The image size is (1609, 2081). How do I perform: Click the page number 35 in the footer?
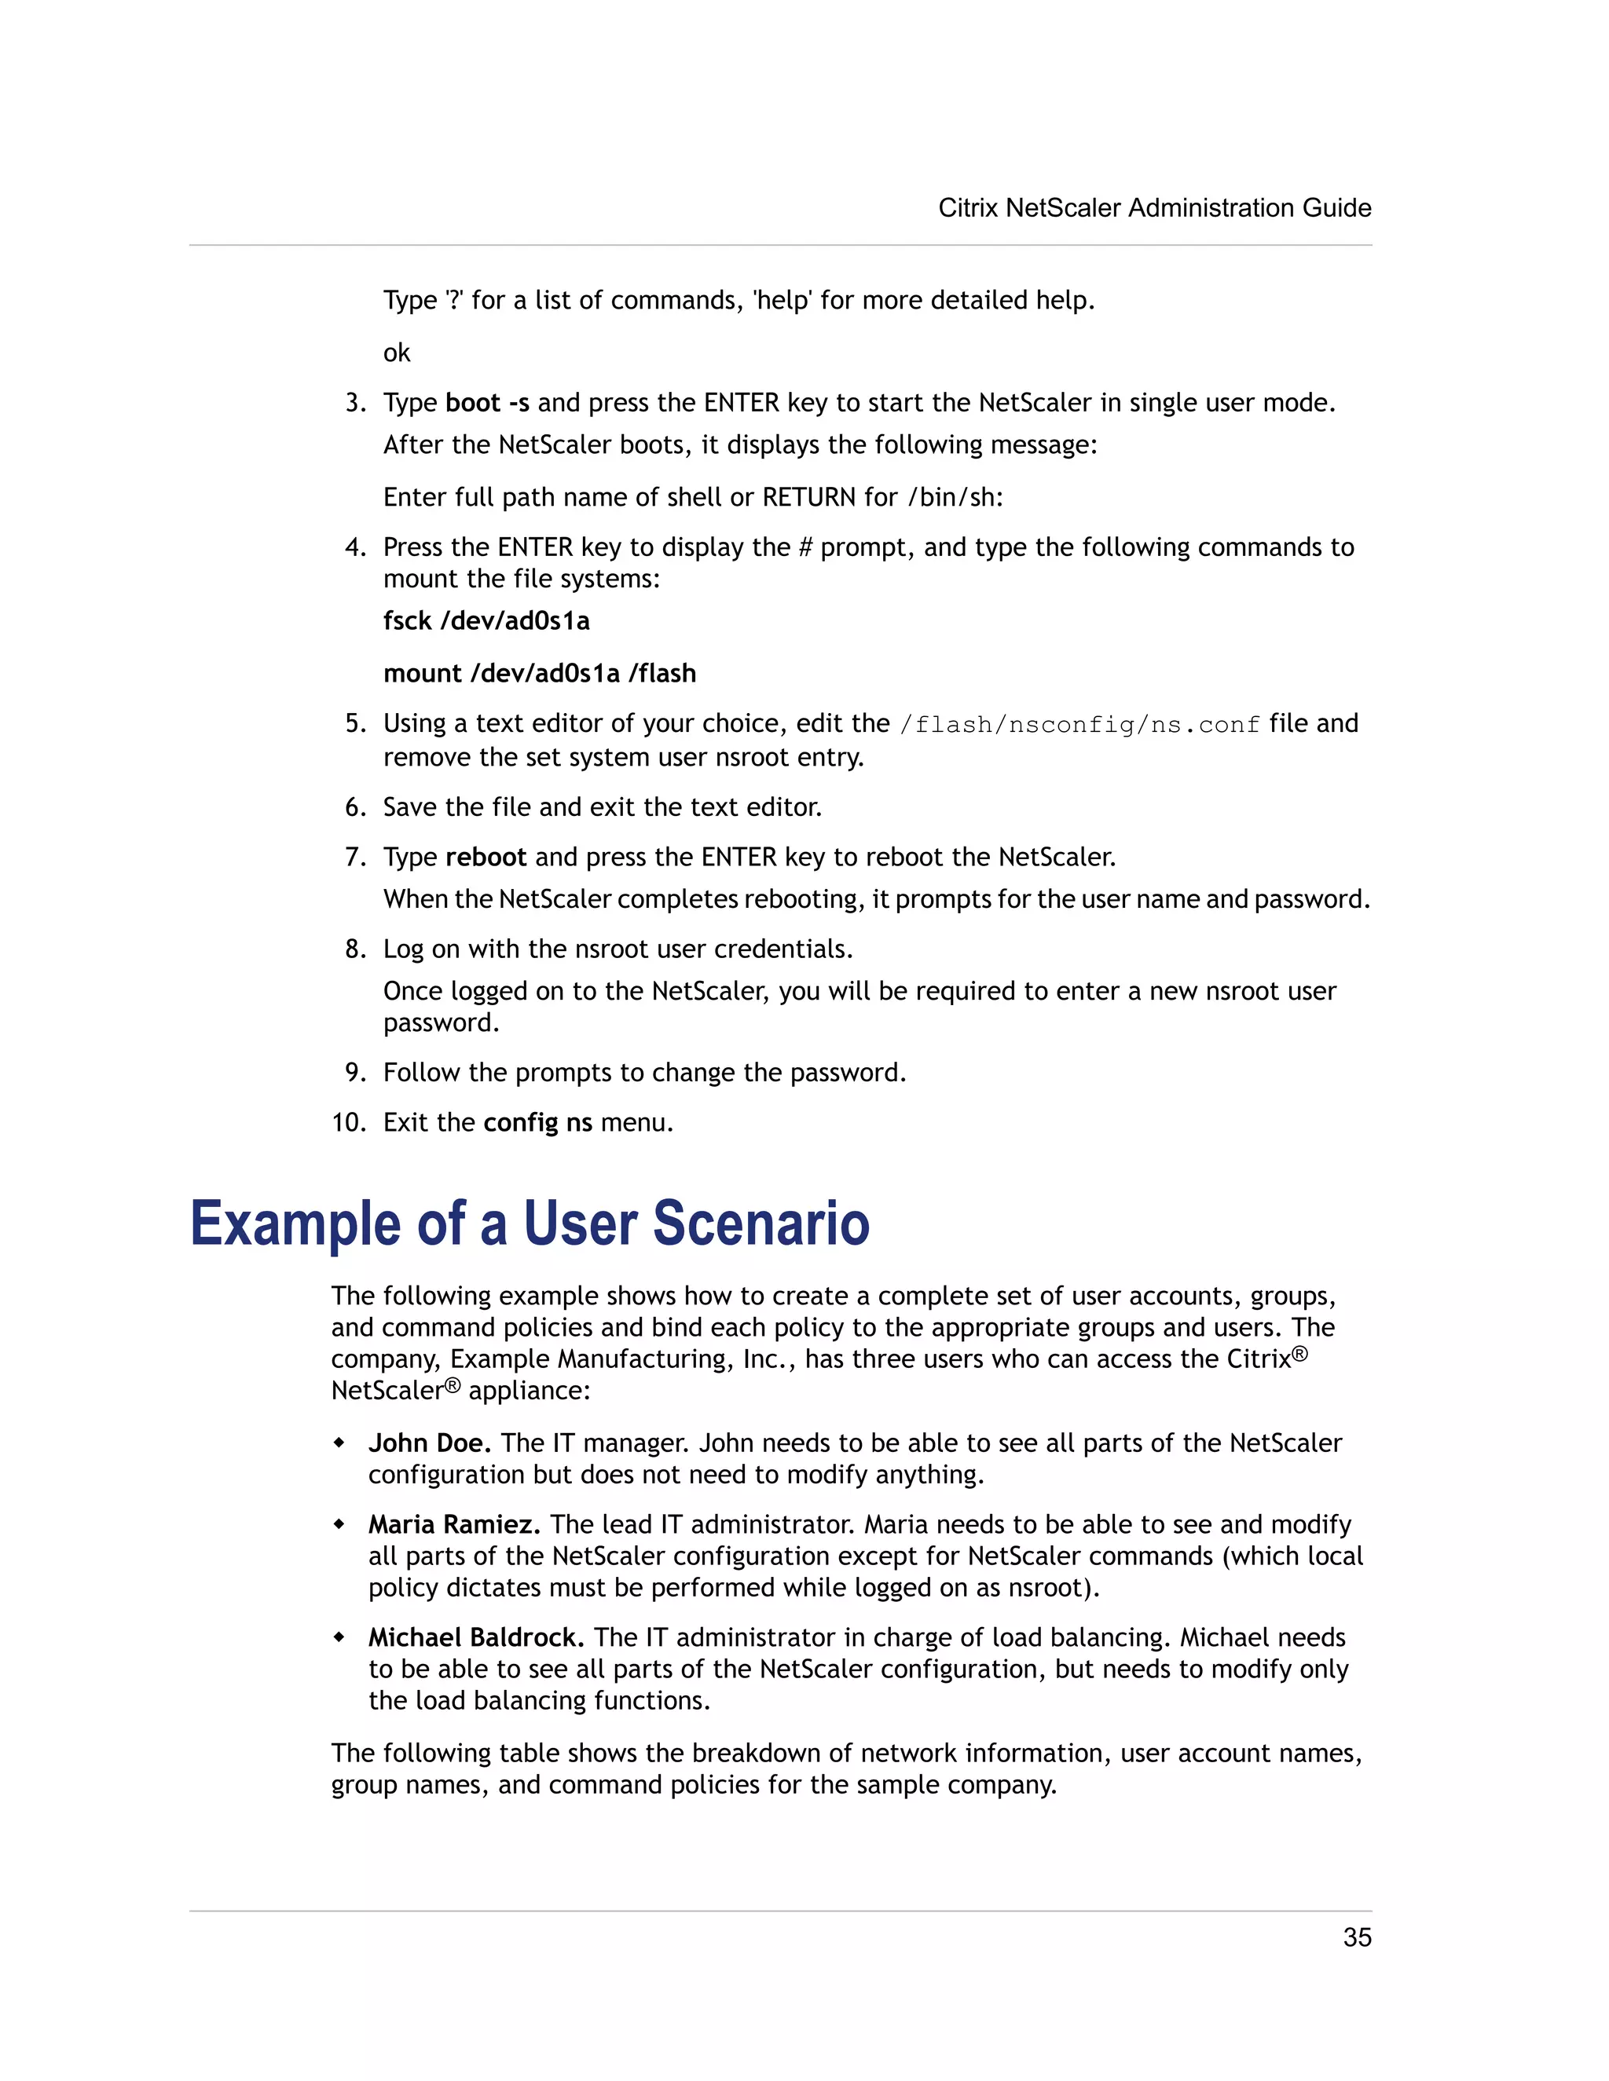coord(1356,1937)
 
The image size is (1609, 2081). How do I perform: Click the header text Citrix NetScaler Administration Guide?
coord(1154,208)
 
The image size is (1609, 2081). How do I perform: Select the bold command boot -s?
coord(487,403)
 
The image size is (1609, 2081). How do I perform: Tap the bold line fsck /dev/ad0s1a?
coord(486,621)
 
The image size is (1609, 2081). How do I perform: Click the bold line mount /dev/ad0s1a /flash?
coord(540,674)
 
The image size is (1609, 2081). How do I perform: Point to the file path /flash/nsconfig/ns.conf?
coord(1079,725)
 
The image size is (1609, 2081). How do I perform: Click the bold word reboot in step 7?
coord(486,858)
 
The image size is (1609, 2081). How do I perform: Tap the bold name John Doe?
coord(429,1443)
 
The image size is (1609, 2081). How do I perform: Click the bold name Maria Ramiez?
coord(454,1524)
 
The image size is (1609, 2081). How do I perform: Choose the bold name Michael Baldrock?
coord(475,1638)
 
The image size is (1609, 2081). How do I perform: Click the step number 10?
coord(349,1122)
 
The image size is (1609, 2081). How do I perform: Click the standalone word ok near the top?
coord(397,353)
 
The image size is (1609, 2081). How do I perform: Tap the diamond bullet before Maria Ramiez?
coord(339,1524)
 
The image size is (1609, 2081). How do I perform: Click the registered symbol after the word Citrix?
coord(1300,1354)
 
